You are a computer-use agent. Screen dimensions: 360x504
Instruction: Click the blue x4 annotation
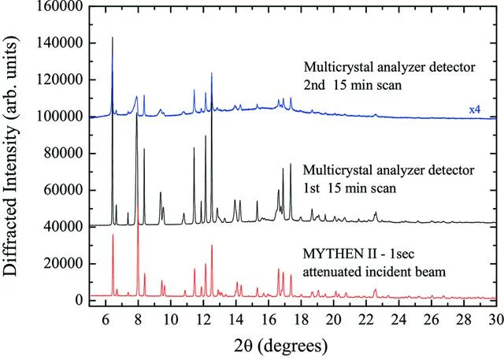476,109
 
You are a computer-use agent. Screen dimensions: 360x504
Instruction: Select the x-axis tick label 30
495,319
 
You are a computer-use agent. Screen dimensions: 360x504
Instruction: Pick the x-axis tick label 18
301,319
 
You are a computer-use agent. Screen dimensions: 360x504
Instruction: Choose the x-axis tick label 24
398,319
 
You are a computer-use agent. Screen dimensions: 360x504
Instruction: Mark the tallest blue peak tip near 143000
113,37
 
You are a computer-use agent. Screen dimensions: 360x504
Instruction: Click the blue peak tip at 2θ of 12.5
212,73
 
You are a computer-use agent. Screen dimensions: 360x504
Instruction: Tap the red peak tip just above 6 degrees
113,235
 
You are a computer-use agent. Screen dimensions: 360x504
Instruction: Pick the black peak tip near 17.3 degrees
291,164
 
